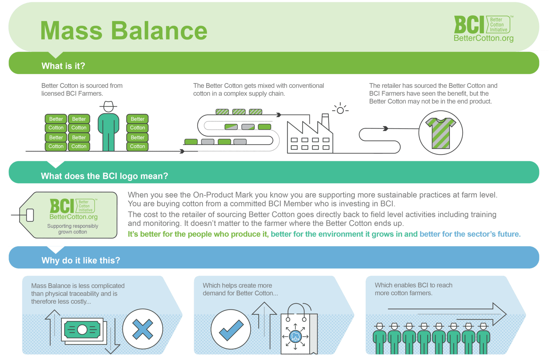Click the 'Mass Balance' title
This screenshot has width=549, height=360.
pos(124,31)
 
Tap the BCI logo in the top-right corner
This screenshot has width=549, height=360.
pos(483,28)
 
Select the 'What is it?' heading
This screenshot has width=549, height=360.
pos(63,66)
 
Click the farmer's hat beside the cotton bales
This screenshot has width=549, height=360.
pos(108,106)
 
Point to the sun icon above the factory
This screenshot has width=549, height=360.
pos(340,110)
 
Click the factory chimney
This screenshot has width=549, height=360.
pos(325,121)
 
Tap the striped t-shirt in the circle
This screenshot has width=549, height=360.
pos(441,133)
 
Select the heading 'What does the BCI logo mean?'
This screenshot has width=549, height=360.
pos(104,176)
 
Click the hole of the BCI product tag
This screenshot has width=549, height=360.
pos(30,215)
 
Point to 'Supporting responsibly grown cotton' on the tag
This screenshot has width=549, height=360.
pos(72,229)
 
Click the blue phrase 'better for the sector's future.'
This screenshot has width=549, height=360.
pos(470,234)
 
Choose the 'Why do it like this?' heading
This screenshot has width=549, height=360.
pos(81,260)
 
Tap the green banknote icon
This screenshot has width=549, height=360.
pos(82,329)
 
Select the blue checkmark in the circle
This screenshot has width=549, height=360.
pos(231,330)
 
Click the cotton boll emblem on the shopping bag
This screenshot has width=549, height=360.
pos(295,336)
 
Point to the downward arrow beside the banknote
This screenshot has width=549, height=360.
pos(112,336)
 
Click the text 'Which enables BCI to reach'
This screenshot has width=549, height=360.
pos(413,285)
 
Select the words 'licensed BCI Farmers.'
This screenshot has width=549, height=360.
pos(72,94)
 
